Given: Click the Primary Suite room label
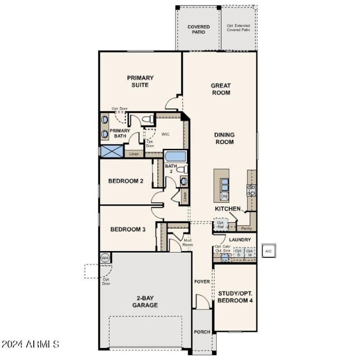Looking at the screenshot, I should pos(140,81).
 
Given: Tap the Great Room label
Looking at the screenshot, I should pos(220,89).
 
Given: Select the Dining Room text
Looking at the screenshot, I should pos(224,138).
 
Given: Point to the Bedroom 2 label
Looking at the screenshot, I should pos(126,181).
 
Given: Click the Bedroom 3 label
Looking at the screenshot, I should pos(128,229).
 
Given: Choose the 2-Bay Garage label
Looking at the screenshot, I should pos(144,301).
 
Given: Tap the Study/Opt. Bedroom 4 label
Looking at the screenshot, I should pos(234,297).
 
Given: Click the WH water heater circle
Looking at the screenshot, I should pos(105,258).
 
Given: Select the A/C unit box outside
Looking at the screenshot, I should pos(269,251).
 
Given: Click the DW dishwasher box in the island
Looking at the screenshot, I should pos(224,196).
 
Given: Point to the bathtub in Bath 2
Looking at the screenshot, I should pos(175,157).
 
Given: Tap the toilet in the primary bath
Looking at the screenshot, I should pos(145,119).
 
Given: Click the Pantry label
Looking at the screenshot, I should pos(246,228).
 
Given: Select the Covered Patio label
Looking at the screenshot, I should pos(198,30).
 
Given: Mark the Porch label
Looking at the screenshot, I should pos(202,332).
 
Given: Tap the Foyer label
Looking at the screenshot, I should pos(202,282).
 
